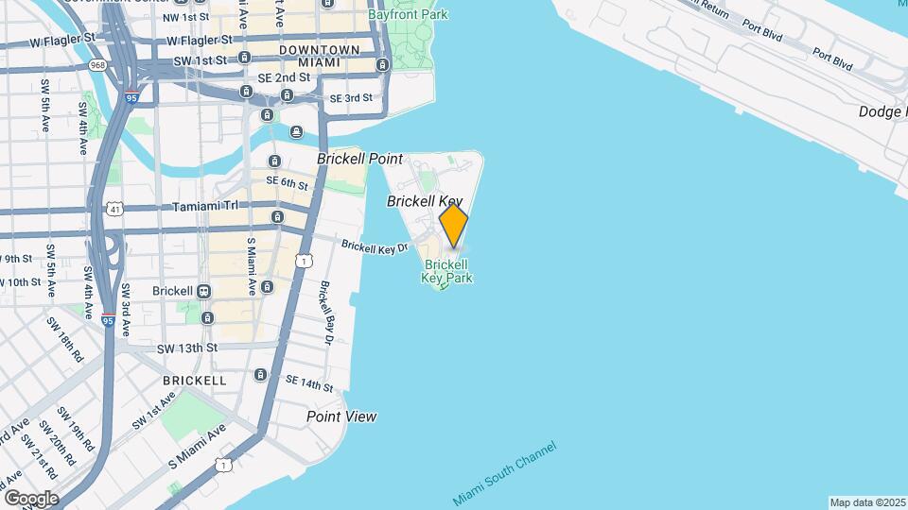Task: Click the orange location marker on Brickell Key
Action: pos(454,226)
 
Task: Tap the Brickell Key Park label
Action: pos(447,272)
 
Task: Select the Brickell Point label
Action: pos(359,159)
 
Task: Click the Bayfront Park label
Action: pos(409,14)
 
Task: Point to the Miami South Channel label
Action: pos(504,472)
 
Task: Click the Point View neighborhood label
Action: pos(341,416)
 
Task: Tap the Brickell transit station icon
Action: pos(204,291)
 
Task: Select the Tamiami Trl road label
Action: pos(182,207)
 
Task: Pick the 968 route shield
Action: pos(96,65)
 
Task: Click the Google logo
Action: pos(30,498)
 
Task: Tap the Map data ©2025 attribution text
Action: pos(867,502)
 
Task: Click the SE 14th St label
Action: pos(309,382)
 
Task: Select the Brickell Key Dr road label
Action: pos(375,246)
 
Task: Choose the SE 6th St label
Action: pos(288,182)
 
